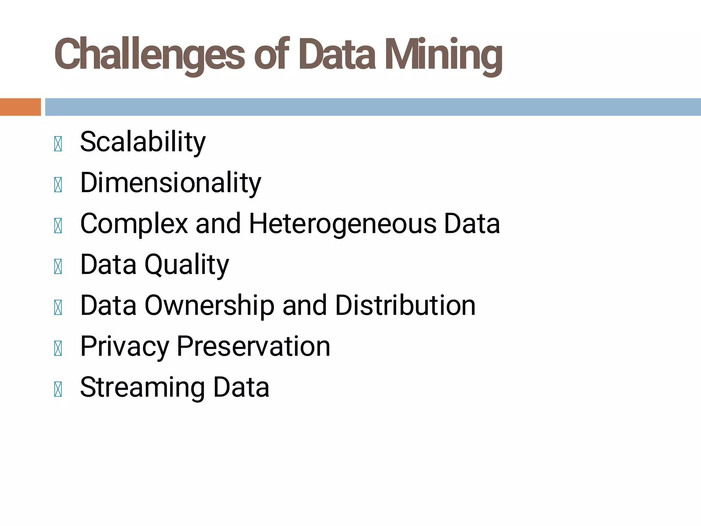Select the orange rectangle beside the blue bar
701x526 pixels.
20,107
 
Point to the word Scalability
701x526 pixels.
143,142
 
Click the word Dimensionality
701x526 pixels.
170,183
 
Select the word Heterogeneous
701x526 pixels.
343,224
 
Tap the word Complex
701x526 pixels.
134,224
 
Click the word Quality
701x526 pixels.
187,265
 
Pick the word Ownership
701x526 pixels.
209,305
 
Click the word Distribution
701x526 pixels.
405,305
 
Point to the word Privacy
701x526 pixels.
124,347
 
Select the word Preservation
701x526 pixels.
253,347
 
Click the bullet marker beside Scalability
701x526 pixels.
58,144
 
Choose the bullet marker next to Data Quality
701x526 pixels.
58,266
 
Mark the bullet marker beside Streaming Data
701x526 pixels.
58,389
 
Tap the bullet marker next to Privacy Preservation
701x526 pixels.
58,348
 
